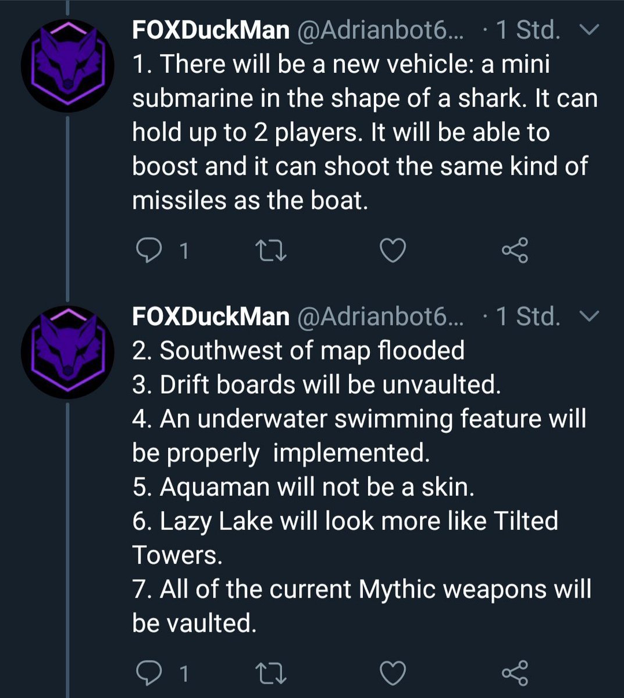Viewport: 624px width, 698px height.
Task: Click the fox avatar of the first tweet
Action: tap(67, 66)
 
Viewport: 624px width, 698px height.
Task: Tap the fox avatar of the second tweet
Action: tap(67, 352)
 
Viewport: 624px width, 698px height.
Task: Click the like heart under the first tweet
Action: tap(393, 251)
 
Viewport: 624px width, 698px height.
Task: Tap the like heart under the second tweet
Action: tap(393, 673)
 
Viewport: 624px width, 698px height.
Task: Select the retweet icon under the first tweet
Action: tap(270, 251)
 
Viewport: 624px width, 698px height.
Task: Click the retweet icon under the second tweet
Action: tap(270, 673)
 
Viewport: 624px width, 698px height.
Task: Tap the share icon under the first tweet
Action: tap(515, 250)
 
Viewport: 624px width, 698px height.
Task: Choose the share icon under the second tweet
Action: tap(515, 673)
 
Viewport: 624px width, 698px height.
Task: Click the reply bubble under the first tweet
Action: tap(149, 251)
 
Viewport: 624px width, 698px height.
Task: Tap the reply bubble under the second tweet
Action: tap(149, 673)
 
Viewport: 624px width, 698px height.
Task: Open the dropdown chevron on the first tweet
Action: tap(589, 30)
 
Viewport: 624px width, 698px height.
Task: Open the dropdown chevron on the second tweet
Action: tap(589, 316)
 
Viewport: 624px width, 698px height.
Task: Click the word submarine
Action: tap(192, 98)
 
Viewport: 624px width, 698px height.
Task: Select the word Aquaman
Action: tap(215, 488)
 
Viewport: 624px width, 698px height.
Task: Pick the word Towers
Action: tap(177, 555)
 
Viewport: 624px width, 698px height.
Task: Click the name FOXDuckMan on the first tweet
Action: tap(211, 30)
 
